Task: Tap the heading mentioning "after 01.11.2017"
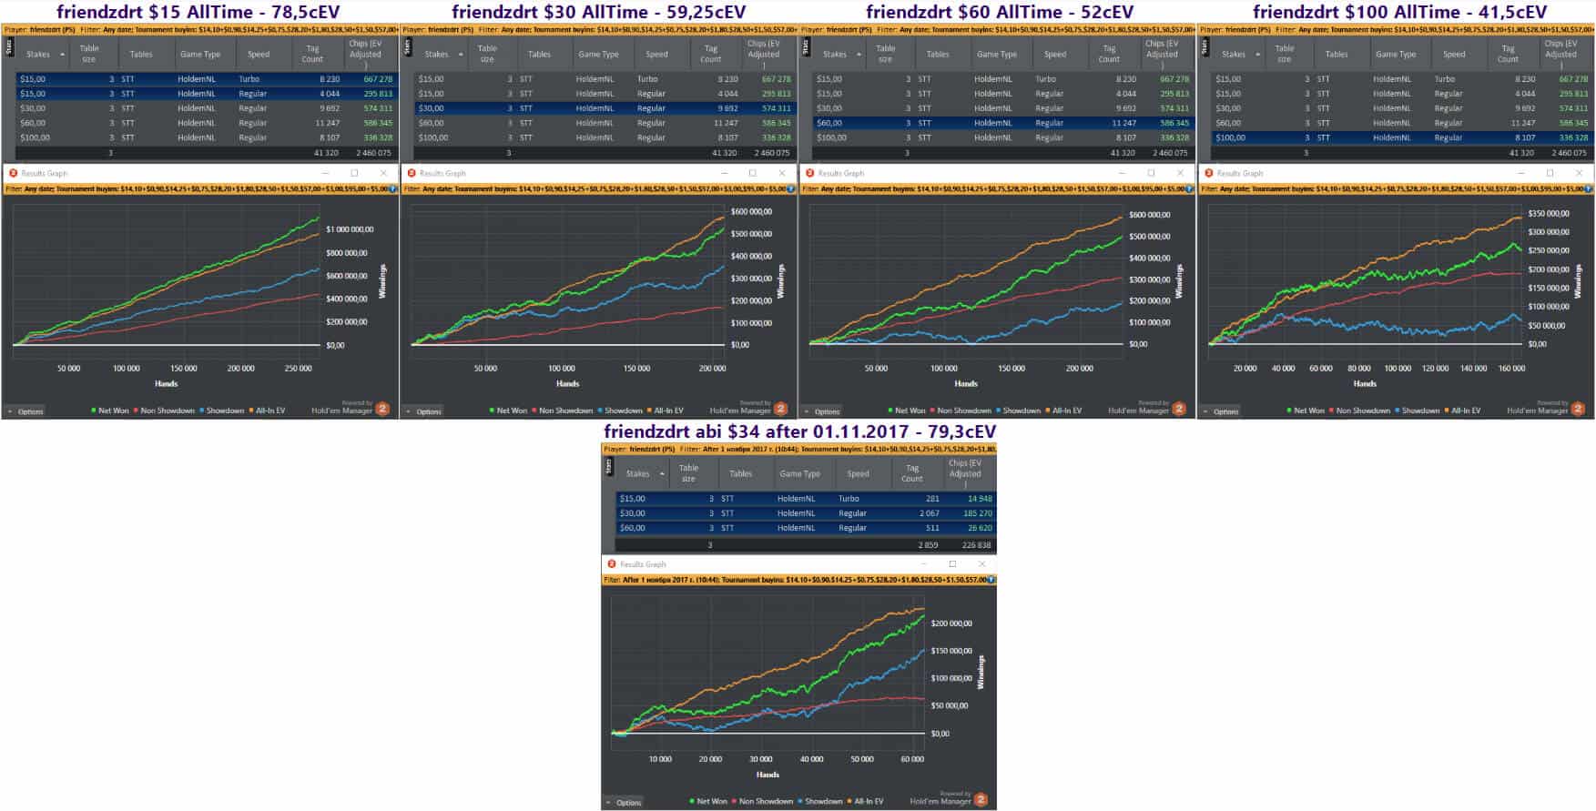click(x=799, y=431)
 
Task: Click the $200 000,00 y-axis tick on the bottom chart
click(x=950, y=623)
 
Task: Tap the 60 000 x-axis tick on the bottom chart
click(x=911, y=759)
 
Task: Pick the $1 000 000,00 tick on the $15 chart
click(x=347, y=229)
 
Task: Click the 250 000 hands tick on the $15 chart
click(x=298, y=369)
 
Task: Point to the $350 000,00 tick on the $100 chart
click(x=1549, y=213)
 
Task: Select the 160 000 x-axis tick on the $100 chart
click(x=1511, y=369)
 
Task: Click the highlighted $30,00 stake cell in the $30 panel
click(x=432, y=108)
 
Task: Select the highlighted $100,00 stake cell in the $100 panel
click(x=1230, y=137)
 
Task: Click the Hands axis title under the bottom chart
click(x=768, y=775)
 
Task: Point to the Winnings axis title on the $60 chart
click(x=1179, y=281)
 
